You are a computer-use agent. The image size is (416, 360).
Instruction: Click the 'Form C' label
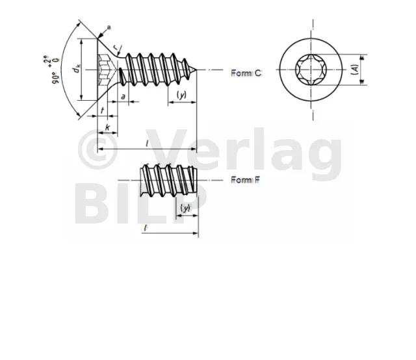[x=246, y=73]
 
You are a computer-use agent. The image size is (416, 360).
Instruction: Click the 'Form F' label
[x=246, y=180]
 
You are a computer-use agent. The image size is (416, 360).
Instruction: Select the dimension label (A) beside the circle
[x=355, y=70]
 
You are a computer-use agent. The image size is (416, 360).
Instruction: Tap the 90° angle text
[x=56, y=78]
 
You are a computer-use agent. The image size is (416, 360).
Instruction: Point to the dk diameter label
[x=77, y=69]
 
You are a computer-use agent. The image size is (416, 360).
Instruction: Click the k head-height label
[x=107, y=127]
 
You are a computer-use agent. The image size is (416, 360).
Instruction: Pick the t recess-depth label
[x=103, y=110]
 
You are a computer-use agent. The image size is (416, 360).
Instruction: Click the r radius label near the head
[x=116, y=47]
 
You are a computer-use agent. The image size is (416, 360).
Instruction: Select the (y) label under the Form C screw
[x=182, y=95]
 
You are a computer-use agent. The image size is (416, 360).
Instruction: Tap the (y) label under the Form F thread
[x=186, y=208]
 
